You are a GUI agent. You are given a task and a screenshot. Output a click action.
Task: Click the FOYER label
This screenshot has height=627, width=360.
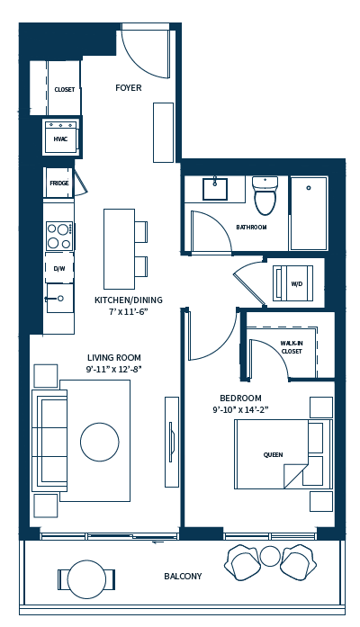[129, 87]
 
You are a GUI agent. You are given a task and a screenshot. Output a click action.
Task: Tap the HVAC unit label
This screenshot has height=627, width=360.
[60, 139]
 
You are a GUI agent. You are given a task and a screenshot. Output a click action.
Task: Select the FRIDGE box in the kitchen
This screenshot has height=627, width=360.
[59, 183]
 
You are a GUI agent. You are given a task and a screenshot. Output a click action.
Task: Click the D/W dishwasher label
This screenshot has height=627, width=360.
[59, 268]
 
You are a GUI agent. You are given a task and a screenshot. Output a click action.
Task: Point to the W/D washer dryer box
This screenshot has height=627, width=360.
[296, 284]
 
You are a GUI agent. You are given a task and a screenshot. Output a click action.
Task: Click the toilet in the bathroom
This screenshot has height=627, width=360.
[265, 196]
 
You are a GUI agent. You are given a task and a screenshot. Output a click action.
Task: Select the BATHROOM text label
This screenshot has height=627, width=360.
[251, 227]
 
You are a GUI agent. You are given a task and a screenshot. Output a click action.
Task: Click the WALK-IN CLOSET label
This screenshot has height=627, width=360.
[291, 346]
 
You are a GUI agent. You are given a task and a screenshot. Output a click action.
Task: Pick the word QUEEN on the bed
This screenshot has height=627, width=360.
[273, 455]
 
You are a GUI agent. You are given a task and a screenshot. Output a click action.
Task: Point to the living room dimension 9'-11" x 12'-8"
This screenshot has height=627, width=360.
[113, 369]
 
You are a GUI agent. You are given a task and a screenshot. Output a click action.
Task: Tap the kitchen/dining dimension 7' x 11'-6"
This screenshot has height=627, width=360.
[121, 312]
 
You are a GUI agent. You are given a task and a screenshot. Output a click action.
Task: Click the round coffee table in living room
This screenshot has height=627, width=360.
[99, 442]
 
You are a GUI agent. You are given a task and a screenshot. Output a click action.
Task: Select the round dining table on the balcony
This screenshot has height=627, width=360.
[87, 576]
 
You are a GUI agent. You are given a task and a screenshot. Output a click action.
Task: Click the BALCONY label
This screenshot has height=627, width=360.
[183, 576]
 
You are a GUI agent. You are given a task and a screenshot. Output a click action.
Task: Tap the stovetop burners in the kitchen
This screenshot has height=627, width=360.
[59, 236]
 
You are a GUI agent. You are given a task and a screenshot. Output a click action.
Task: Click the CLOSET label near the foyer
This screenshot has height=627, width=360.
[64, 90]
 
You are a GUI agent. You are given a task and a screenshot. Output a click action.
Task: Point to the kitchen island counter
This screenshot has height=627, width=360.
[119, 247]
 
